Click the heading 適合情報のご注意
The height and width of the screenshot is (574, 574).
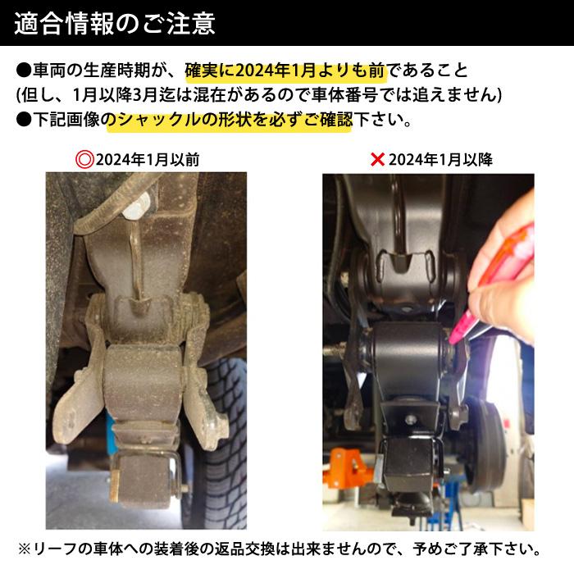click(115, 23)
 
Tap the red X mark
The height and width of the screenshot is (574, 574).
click(378, 159)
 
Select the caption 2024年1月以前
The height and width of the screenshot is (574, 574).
click(148, 159)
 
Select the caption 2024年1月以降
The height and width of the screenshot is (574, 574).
click(440, 159)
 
